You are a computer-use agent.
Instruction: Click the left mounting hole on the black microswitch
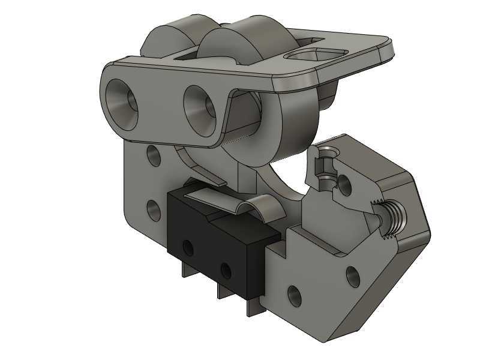pyautogui.click(x=188, y=247)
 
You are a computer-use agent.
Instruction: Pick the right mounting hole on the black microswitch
pyautogui.click(x=226, y=270)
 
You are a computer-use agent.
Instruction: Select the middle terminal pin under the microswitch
pyautogui.click(x=221, y=292)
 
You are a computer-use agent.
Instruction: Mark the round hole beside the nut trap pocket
pyautogui.click(x=345, y=181)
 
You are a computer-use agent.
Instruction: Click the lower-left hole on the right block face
pyautogui.click(x=294, y=295)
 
